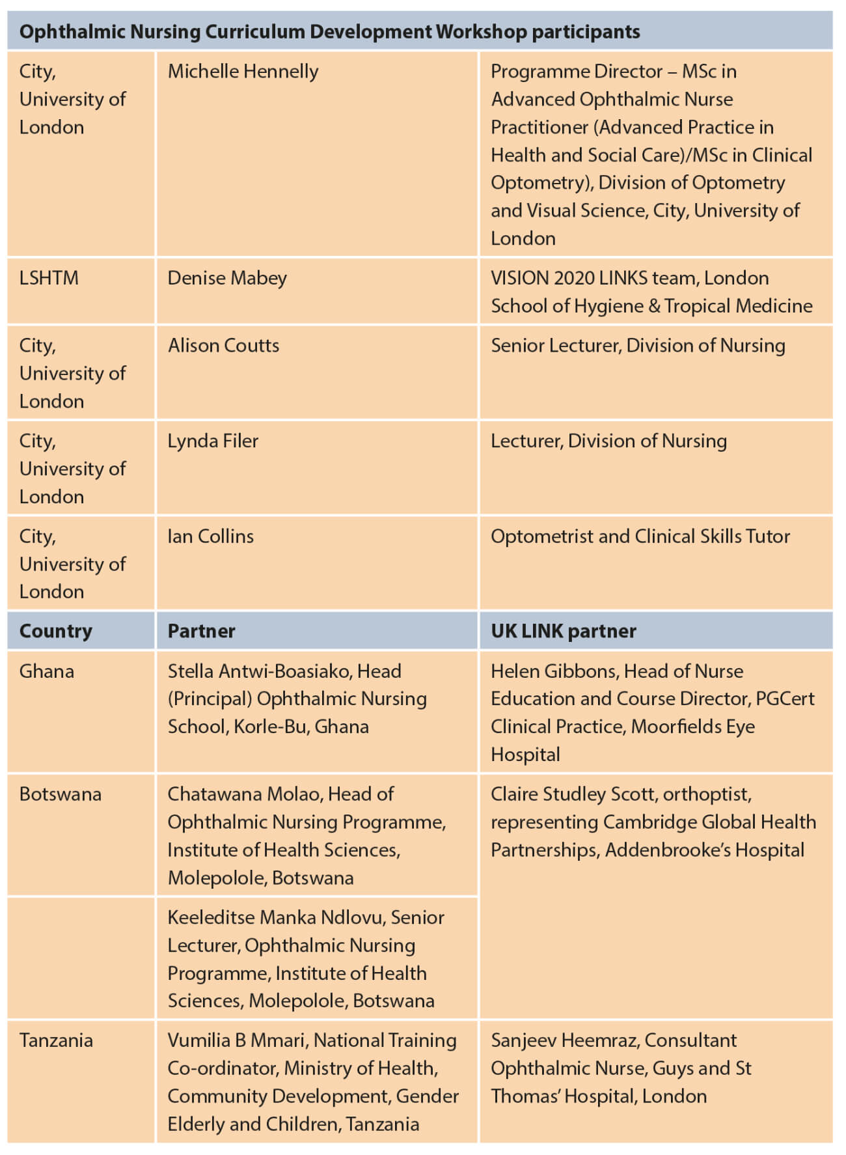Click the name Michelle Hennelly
pos(243,71)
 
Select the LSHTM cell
pos(49,278)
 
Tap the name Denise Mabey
pos(227,278)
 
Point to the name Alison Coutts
pos(223,345)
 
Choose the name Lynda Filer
pos(213,441)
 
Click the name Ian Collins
pos(210,536)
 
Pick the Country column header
pos(56,631)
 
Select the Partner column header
pos(201,631)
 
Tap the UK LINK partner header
pos(563,631)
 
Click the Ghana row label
pos(47,671)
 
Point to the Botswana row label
pos(61,794)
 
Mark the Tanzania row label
pos(56,1040)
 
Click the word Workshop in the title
pos(481,31)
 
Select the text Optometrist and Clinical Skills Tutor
pos(640,536)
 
